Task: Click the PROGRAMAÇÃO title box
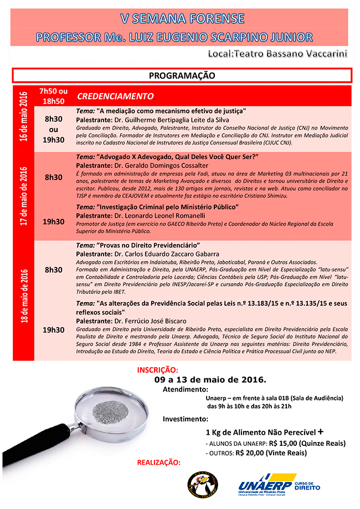click(x=182, y=75)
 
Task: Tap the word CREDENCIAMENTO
click(x=115, y=96)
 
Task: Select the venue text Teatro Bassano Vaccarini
click(x=299, y=54)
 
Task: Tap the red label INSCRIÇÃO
click(x=157, y=369)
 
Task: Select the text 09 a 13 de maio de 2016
click(x=210, y=380)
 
